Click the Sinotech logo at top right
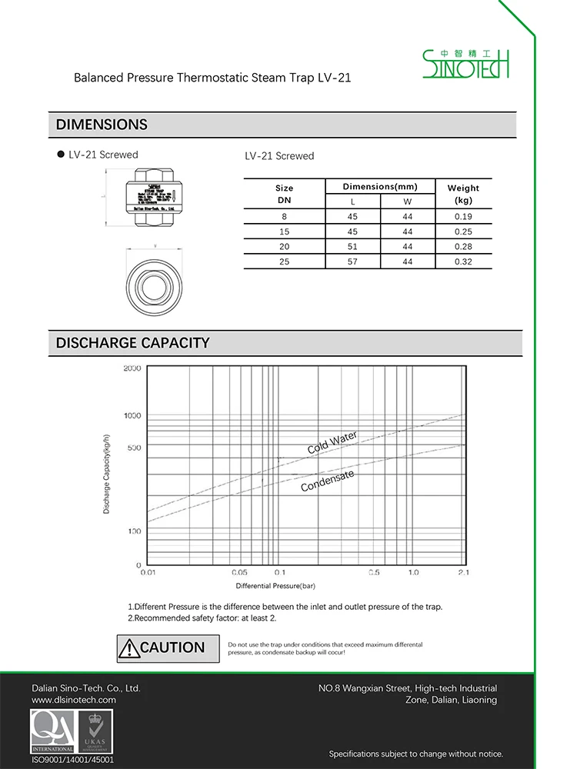click(x=466, y=64)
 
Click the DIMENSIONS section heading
click(x=102, y=125)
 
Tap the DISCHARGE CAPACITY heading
click(x=132, y=343)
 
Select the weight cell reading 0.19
click(x=463, y=217)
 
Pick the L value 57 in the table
click(x=352, y=261)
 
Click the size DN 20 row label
click(x=284, y=247)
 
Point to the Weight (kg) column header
click(x=463, y=194)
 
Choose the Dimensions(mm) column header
click(x=380, y=187)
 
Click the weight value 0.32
click(x=463, y=261)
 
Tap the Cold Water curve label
click(x=332, y=442)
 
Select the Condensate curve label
click(x=328, y=481)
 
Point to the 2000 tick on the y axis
click(x=132, y=368)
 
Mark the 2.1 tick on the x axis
click(x=463, y=573)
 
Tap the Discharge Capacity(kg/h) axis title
click(x=107, y=474)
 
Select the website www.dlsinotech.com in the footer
click(x=74, y=700)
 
